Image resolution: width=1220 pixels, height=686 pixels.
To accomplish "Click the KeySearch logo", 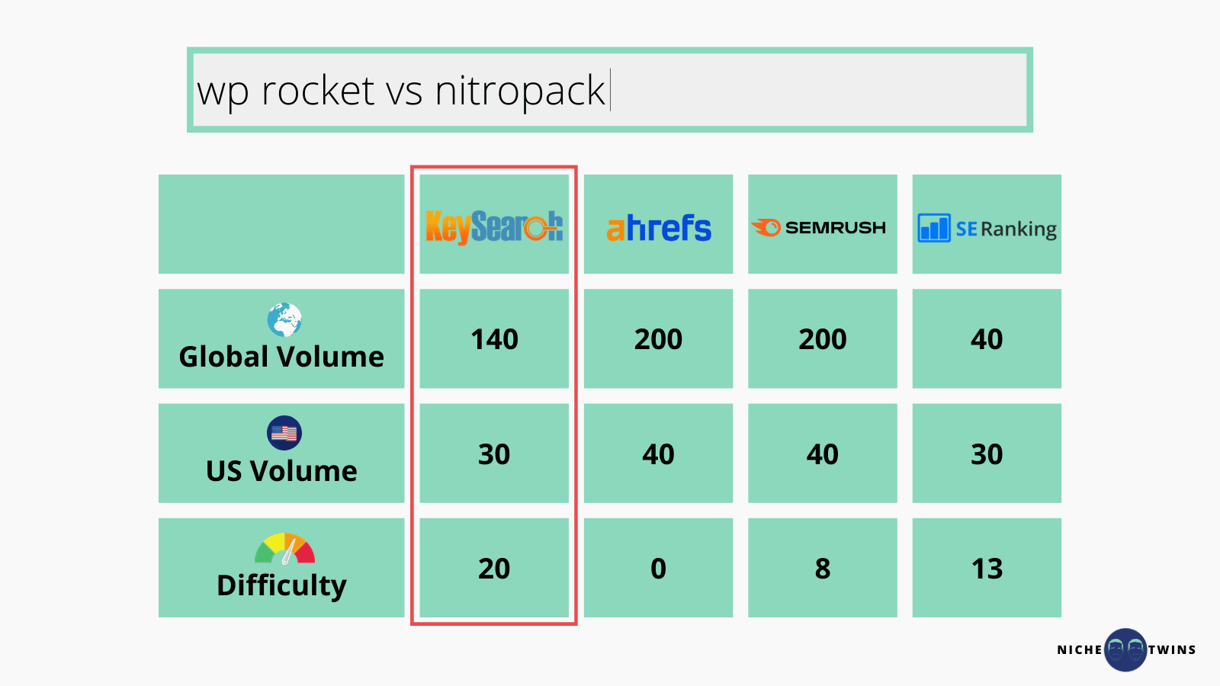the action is click(x=494, y=227).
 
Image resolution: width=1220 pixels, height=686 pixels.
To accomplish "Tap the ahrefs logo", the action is click(x=659, y=228).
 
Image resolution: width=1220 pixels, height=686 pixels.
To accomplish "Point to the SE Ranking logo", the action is click(x=987, y=228).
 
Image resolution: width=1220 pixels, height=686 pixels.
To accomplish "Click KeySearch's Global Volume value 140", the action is click(x=494, y=339).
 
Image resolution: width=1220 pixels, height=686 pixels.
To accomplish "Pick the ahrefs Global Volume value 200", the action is click(x=659, y=339).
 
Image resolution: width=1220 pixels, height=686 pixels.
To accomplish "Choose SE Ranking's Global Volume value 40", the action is click(x=987, y=339).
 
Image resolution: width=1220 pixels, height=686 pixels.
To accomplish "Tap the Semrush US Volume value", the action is click(x=823, y=454).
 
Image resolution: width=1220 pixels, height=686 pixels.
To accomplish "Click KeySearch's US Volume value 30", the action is click(x=494, y=454).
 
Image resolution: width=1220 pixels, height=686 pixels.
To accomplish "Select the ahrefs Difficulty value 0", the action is click(x=659, y=569).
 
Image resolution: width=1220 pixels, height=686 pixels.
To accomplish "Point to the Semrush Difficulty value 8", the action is click(x=823, y=569).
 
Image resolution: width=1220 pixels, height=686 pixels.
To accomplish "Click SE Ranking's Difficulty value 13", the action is click(x=987, y=569).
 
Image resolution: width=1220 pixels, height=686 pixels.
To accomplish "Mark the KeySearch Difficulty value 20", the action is click(x=494, y=569).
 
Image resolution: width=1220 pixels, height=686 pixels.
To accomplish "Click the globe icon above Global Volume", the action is click(x=284, y=319).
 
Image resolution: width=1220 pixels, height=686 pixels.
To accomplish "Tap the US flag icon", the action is click(x=284, y=433).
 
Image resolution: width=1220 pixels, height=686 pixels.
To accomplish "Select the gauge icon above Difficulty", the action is click(x=285, y=549).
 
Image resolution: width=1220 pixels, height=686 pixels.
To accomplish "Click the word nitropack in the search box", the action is click(x=520, y=91).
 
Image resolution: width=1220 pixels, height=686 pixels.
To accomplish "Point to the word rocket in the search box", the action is click(x=317, y=90).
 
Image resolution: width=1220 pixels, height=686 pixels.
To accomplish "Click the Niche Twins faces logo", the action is click(x=1125, y=649).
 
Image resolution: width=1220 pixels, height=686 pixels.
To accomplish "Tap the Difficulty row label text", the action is click(x=281, y=586).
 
